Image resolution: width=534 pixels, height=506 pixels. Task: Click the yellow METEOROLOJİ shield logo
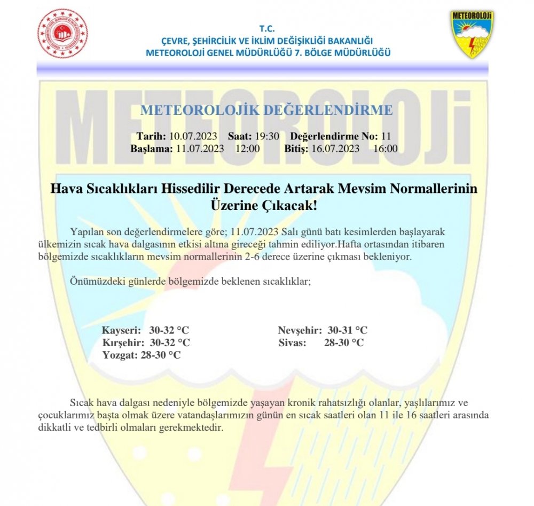(x=472, y=34)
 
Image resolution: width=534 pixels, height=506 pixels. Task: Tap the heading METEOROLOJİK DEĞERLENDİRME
(x=266, y=111)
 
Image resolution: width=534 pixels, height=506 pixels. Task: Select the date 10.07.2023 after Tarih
(x=193, y=136)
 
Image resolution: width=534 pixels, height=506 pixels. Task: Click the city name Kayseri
(x=121, y=330)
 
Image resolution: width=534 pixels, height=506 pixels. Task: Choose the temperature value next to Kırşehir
(x=170, y=342)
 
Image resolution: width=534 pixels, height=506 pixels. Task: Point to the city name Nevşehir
(x=300, y=330)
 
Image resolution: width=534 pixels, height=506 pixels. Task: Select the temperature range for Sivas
(x=344, y=342)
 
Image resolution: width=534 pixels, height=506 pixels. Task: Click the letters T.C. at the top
(x=266, y=28)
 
